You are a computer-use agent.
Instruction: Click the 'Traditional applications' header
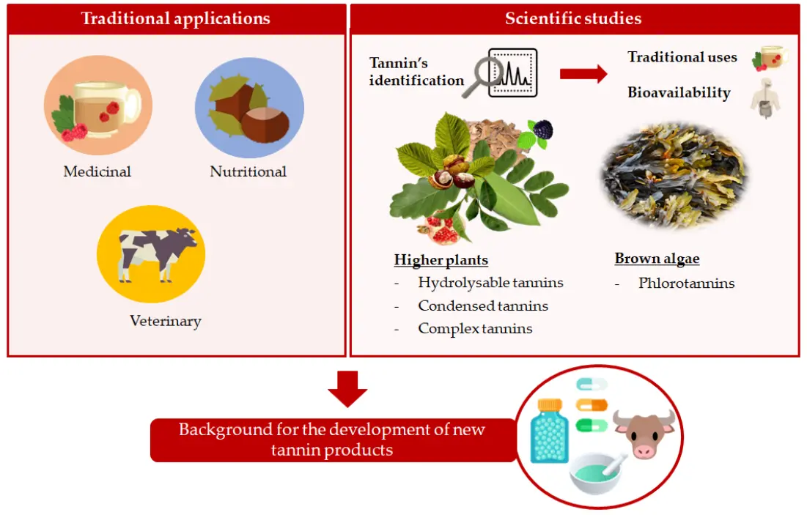[x=176, y=18]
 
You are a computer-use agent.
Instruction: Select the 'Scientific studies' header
[x=573, y=18]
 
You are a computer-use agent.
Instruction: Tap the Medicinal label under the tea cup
[x=97, y=172]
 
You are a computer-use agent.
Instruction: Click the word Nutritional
[x=248, y=172]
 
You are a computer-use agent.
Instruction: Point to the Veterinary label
[x=165, y=321]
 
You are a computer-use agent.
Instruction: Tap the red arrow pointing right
[x=583, y=73]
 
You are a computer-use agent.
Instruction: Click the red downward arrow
[x=347, y=388]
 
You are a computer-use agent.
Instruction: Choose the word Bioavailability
[x=679, y=93]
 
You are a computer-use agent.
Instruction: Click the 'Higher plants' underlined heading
[x=441, y=260]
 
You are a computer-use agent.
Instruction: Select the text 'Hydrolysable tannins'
[x=490, y=282]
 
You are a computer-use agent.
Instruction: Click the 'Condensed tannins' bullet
[x=483, y=305]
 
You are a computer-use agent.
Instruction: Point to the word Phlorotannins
[x=686, y=283]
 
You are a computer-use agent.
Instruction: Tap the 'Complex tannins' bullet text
[x=475, y=329]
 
